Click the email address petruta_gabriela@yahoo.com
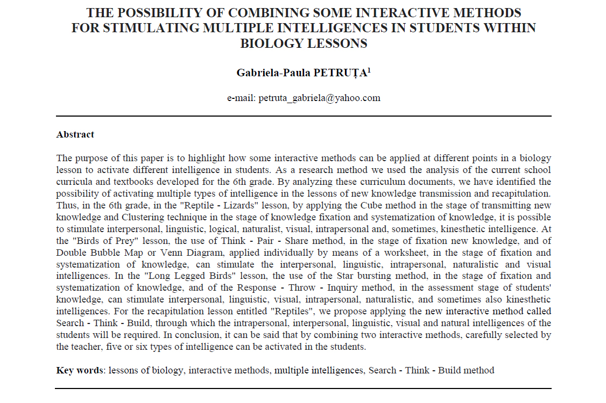pyautogui.click(x=319, y=98)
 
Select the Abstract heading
pyautogui.click(x=75, y=134)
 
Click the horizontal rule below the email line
pyautogui.click(x=304, y=116)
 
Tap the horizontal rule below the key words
pyautogui.click(x=304, y=388)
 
